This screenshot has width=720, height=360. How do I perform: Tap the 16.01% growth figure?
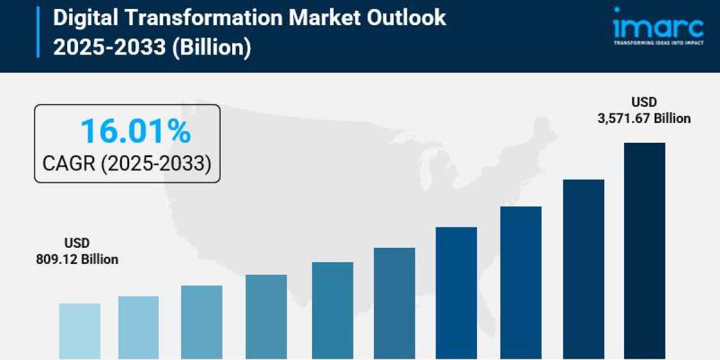136,131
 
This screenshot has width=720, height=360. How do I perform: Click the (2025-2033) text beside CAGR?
155,163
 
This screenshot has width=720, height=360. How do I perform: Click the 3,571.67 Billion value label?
644,119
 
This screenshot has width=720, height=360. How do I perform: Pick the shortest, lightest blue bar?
80,331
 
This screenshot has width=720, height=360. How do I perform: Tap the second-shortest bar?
139,328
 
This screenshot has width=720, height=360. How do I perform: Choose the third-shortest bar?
202,322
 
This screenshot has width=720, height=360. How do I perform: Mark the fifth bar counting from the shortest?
332,311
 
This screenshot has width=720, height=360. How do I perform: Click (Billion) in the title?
211,47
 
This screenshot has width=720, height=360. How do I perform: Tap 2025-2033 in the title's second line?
109,47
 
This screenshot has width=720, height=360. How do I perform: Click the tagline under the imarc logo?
658,43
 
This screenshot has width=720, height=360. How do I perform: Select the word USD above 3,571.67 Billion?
644,102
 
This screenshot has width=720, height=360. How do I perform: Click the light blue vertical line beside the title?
38,32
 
